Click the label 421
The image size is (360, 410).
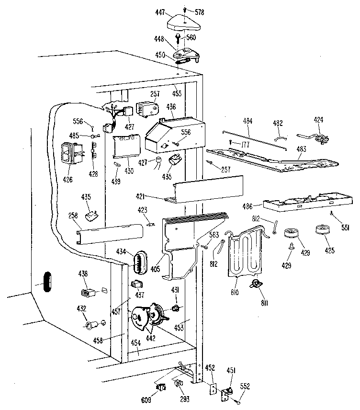154,196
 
